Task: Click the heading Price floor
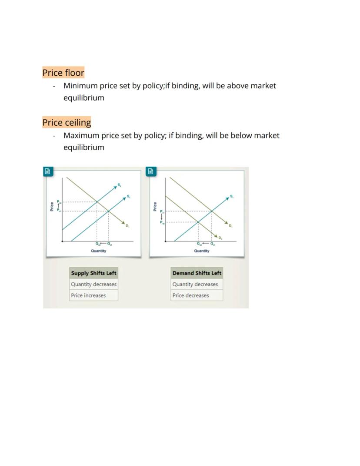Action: click(x=63, y=73)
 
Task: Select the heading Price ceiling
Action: click(x=67, y=122)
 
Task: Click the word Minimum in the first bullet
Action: click(x=80, y=86)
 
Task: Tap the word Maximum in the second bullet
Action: click(x=81, y=135)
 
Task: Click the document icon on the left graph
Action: click(x=47, y=171)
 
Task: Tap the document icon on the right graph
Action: click(x=150, y=171)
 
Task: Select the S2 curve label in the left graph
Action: click(x=119, y=185)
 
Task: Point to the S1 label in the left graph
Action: click(x=129, y=196)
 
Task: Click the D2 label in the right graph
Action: click(x=220, y=238)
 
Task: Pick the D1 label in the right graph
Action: click(x=230, y=225)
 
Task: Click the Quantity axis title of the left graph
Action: click(x=99, y=251)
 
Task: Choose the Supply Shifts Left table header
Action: click(x=94, y=273)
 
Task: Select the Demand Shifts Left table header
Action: click(x=197, y=273)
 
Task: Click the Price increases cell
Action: click(x=89, y=295)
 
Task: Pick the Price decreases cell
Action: click(x=191, y=295)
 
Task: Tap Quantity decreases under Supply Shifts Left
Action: click(x=94, y=284)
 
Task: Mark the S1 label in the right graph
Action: click(x=232, y=196)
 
